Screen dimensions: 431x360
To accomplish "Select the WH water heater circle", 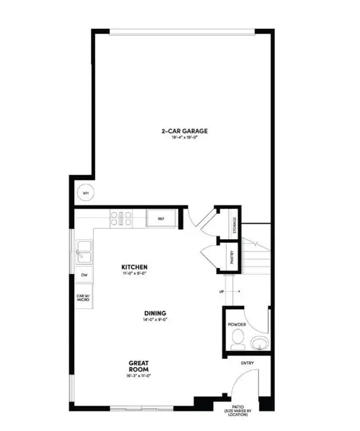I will pyautogui.click(x=86, y=194).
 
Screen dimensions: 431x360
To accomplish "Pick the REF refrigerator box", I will pyautogui.click(x=161, y=218).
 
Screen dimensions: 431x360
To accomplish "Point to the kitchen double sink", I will pyautogui.click(x=84, y=253).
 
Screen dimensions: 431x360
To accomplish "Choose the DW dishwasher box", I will pyautogui.click(x=84, y=275).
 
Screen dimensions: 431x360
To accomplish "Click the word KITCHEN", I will pyautogui.click(x=134, y=267).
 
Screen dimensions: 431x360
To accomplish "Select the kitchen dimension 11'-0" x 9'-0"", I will pyautogui.click(x=134, y=273).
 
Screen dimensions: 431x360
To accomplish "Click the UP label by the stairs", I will pyautogui.click(x=220, y=292).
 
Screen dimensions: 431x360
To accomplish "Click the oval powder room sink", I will pyautogui.click(x=259, y=344).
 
